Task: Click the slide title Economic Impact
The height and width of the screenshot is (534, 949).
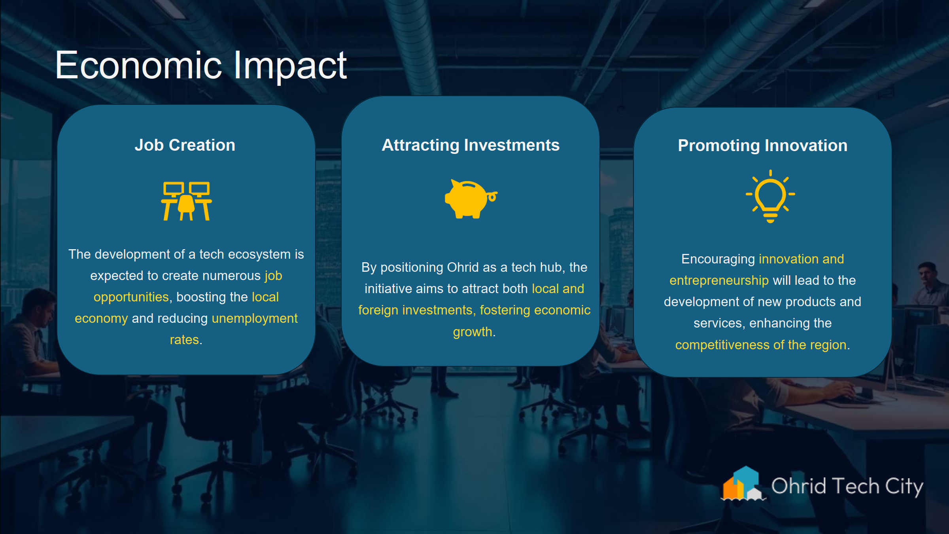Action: click(201, 66)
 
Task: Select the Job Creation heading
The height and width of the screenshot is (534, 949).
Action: click(185, 145)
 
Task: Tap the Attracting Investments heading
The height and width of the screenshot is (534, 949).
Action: click(471, 145)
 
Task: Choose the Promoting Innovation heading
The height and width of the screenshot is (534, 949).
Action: click(762, 146)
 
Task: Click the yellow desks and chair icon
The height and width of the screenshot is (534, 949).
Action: click(186, 201)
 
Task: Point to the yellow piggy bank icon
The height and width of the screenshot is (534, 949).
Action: click(470, 199)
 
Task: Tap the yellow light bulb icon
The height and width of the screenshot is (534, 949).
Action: click(770, 196)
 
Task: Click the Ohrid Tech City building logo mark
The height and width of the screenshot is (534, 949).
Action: click(742, 484)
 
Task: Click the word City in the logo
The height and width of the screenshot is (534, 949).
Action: click(904, 486)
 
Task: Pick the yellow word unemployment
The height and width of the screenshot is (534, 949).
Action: click(255, 318)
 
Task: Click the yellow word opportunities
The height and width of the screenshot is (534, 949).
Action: click(131, 297)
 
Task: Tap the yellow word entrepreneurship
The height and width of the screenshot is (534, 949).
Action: click(719, 280)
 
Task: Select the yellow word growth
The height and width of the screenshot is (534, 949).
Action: click(472, 332)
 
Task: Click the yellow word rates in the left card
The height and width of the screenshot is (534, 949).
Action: click(184, 340)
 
